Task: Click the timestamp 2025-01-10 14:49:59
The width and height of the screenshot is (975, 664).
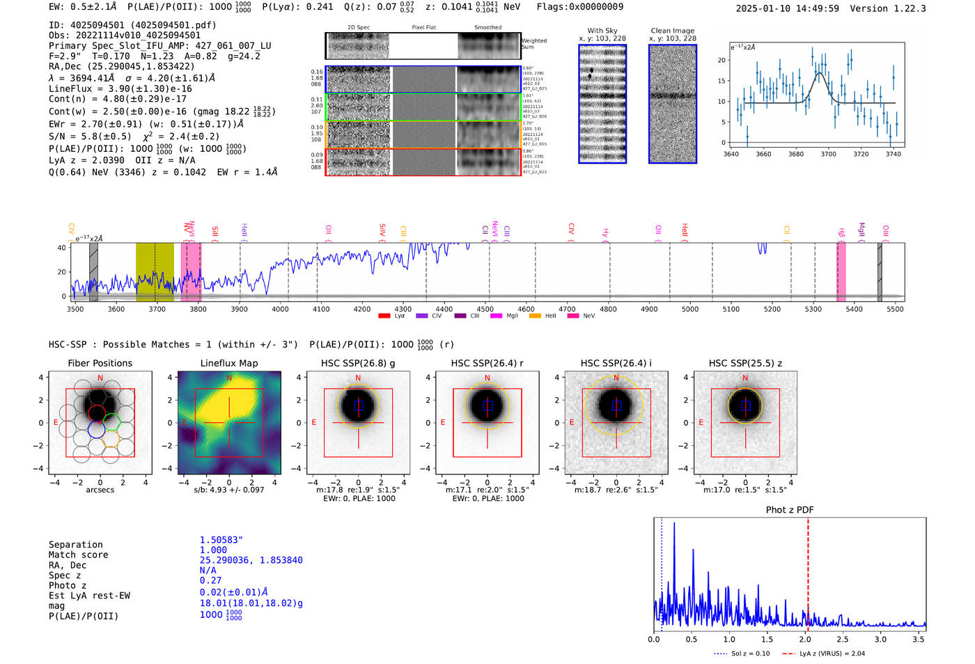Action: (787, 8)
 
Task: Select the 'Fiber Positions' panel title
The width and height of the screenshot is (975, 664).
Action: (100, 363)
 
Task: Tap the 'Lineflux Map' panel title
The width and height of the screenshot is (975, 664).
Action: (228, 363)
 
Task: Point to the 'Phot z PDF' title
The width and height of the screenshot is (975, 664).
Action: (790, 509)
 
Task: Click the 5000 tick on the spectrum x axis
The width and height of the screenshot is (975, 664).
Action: (689, 309)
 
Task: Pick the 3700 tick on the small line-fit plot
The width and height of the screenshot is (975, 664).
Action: (828, 154)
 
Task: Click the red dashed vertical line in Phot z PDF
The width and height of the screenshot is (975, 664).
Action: (808, 571)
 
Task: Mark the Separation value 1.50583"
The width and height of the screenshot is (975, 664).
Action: (221, 540)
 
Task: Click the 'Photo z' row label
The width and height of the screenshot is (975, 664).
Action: (66, 585)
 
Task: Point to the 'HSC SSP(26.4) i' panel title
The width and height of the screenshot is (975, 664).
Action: (616, 363)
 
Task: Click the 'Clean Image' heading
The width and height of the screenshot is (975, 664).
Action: (672, 31)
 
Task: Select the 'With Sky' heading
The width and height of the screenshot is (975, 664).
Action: (602, 31)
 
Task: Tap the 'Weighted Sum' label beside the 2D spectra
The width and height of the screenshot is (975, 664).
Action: (533, 44)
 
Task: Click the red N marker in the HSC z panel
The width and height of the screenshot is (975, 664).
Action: (745, 378)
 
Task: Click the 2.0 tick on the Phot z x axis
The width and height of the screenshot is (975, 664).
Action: (804, 639)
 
